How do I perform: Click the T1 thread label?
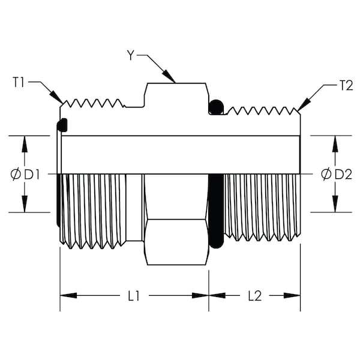pos(19,82)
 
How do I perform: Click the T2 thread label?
pos(346,86)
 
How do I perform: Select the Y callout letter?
pos(130,55)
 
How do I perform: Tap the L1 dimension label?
pos(134,296)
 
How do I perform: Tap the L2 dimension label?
pos(255,296)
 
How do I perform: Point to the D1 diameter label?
pos(32,175)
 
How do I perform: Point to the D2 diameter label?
pos(343,175)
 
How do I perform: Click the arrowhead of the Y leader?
pos(169,76)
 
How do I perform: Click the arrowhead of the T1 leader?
pos(56,97)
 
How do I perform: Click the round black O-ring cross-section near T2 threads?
pos(216,107)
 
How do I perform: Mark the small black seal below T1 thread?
pos(62,125)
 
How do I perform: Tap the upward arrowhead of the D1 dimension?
pos(25,144)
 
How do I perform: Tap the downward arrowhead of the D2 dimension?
pos(335,204)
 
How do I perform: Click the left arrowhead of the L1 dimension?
pos(68,295)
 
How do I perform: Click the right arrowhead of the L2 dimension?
pos(292,295)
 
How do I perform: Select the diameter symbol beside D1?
pos(16,175)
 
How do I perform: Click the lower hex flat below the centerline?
pos(177,242)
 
